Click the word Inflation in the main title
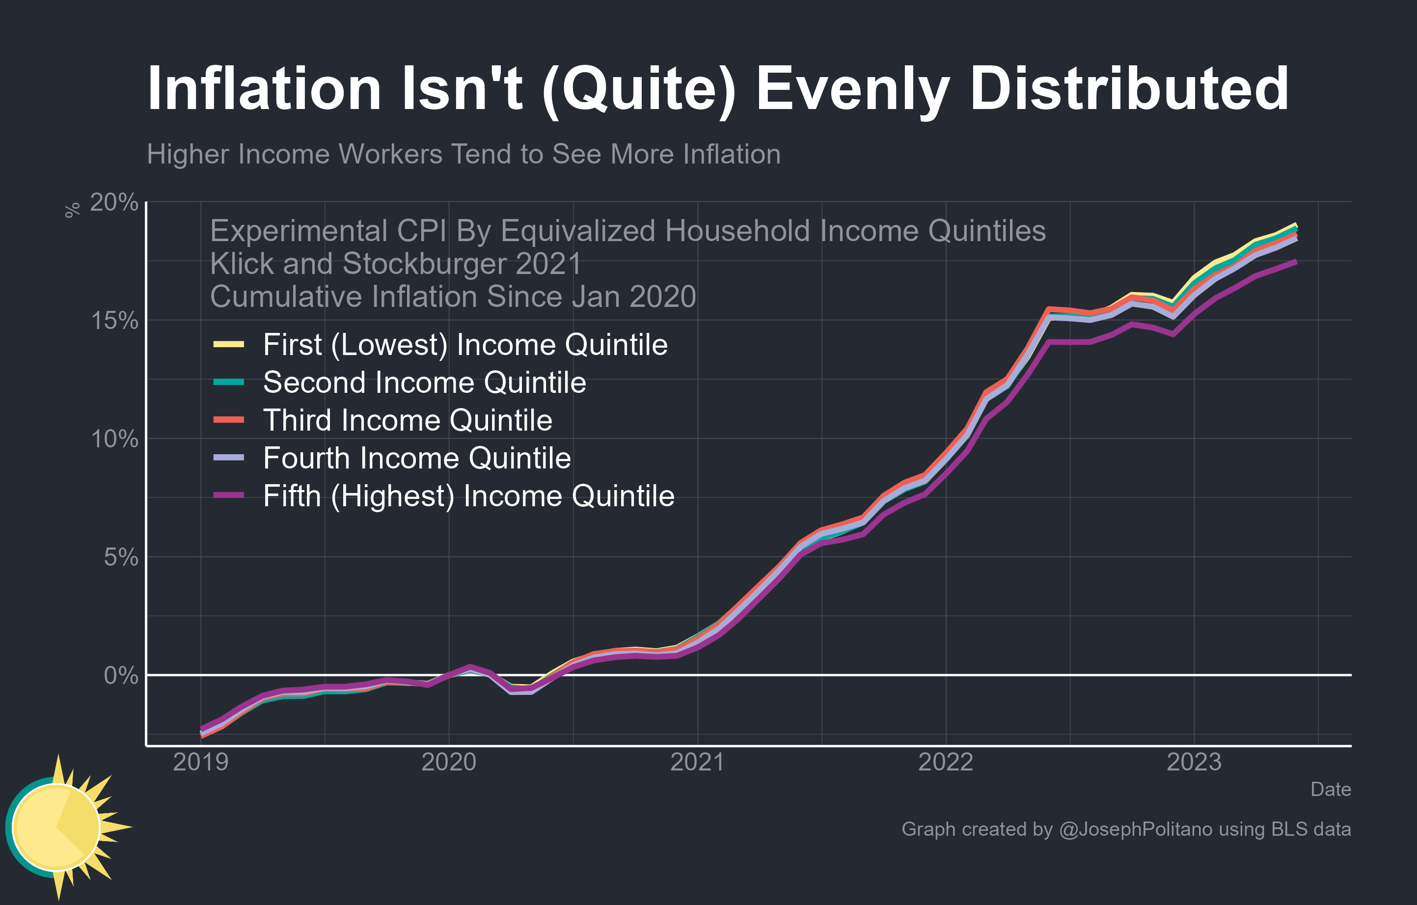pos(264,89)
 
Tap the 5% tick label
pos(121,557)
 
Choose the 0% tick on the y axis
pos(121,676)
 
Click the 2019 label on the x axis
pos(201,763)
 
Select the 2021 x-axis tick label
pos(697,763)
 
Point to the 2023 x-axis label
pos(1194,763)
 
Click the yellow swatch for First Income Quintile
pos(228,345)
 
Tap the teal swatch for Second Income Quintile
pos(228,383)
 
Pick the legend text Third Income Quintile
pos(407,420)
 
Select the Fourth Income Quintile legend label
pos(417,458)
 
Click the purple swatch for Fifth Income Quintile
pos(228,496)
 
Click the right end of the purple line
pos(1295,262)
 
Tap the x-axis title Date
pos(1330,790)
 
